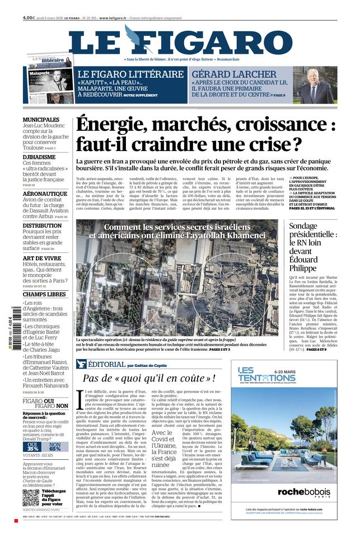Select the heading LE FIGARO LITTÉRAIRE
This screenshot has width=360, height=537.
click(x=130, y=74)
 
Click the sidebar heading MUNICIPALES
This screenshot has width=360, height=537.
click(x=41, y=120)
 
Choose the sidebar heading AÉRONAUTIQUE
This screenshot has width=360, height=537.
click(x=45, y=194)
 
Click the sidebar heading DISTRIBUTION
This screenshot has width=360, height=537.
click(x=42, y=226)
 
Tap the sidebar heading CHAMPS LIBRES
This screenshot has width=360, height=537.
click(x=44, y=294)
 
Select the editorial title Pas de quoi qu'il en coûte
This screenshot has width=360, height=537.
click(x=149, y=379)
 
